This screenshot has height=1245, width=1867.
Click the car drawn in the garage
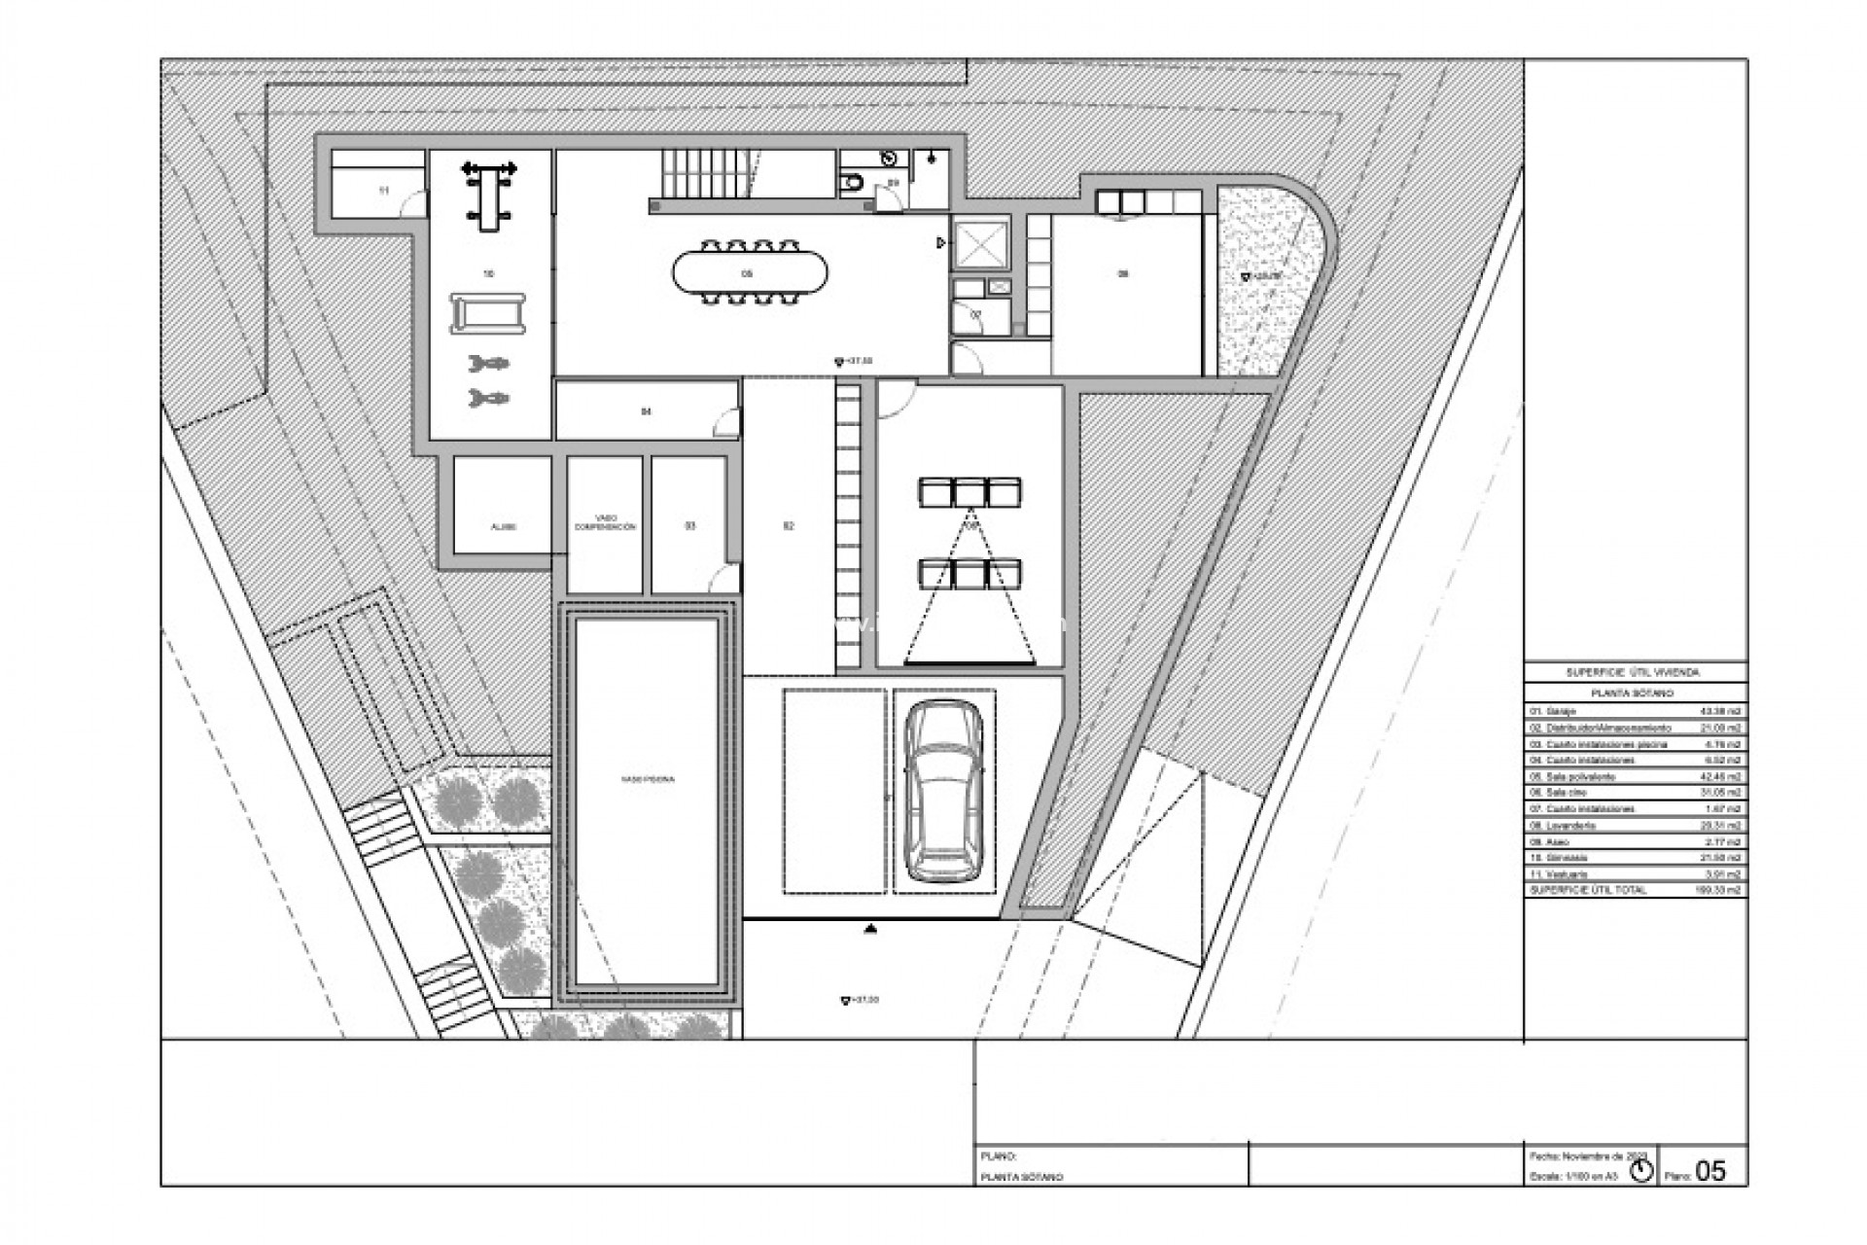[942, 793]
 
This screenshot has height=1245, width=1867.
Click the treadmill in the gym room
[488, 314]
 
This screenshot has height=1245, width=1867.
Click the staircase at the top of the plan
[704, 175]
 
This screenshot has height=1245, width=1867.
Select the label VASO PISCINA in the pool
[648, 779]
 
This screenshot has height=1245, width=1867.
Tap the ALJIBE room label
[503, 527]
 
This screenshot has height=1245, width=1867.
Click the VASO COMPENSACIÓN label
[605, 522]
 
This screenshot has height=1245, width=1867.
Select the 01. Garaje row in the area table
[1634, 712]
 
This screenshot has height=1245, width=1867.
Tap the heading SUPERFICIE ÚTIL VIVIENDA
[1634, 672]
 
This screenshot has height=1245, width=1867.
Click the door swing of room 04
[725, 422]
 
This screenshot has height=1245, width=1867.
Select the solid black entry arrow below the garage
[870, 930]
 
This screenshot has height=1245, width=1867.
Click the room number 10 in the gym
[488, 274]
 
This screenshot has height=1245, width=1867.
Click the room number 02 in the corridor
[788, 526]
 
